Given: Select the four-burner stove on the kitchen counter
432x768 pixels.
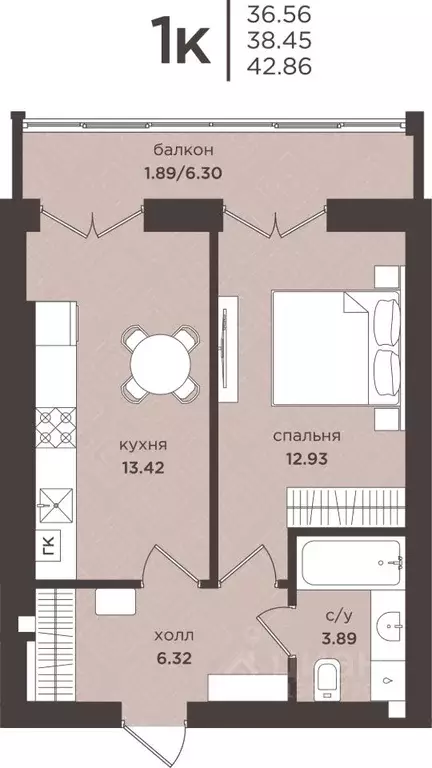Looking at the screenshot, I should (56, 427).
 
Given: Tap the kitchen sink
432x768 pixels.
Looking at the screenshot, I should (56, 502).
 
